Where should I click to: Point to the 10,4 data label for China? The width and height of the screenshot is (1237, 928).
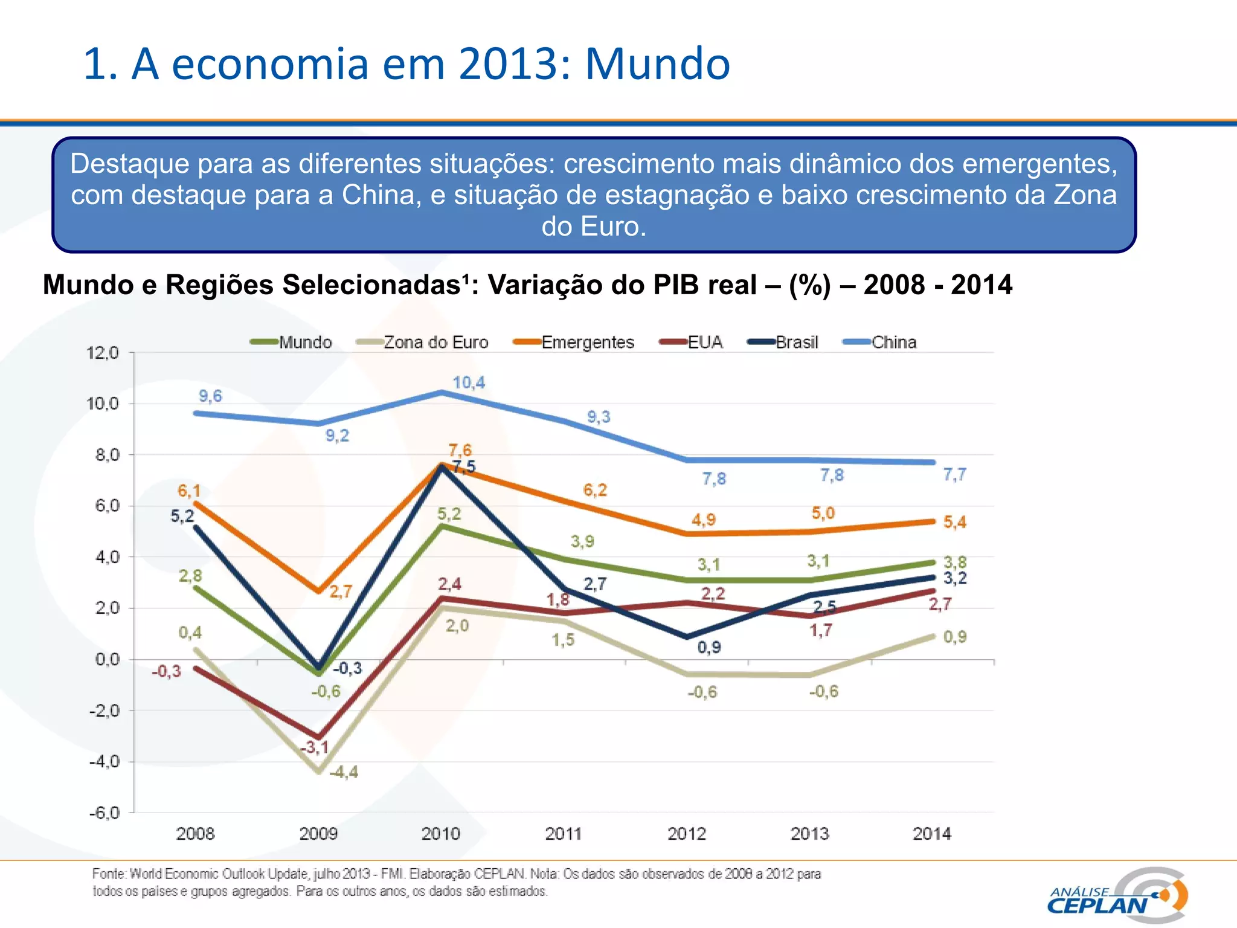click(x=469, y=382)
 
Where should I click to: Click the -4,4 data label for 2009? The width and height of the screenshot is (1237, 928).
click(x=344, y=772)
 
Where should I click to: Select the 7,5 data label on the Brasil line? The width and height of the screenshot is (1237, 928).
click(x=464, y=467)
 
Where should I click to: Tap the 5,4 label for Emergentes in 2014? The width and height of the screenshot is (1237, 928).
click(x=955, y=522)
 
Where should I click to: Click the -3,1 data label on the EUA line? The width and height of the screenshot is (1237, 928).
click(x=315, y=747)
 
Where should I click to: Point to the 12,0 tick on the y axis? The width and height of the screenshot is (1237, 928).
click(x=103, y=353)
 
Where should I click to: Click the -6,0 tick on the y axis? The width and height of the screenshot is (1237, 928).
click(x=104, y=813)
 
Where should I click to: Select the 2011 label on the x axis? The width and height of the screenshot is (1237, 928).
click(x=563, y=834)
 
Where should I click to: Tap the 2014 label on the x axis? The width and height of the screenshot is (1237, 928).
click(x=931, y=834)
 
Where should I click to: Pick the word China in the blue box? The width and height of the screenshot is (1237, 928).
click(x=378, y=195)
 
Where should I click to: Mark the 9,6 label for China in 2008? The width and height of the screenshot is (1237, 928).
click(x=210, y=396)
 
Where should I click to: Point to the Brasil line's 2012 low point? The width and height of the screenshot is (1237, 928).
click(x=687, y=636)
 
